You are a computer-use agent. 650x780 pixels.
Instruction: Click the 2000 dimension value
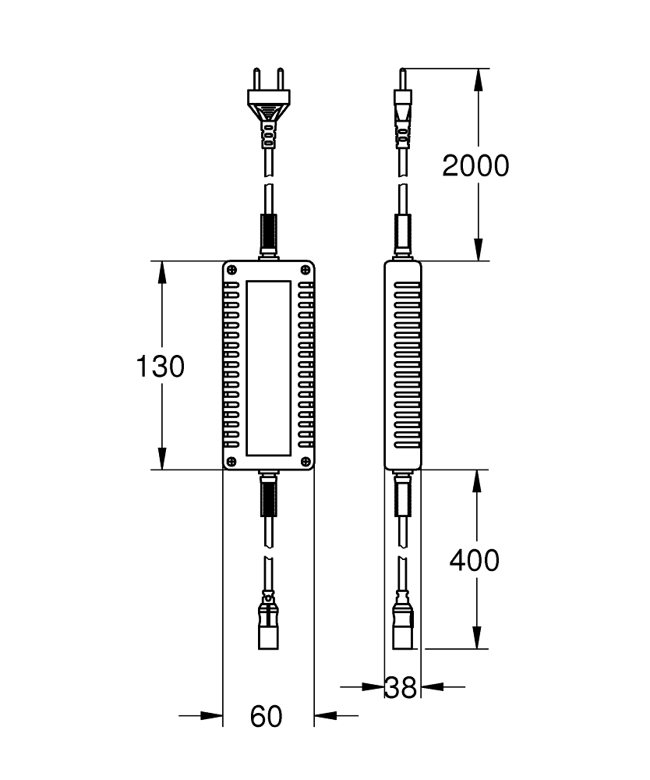click(475, 165)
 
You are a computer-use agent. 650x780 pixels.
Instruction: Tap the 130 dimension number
click(160, 366)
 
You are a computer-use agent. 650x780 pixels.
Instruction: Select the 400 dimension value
click(475, 560)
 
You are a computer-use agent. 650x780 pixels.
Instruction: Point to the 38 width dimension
click(401, 688)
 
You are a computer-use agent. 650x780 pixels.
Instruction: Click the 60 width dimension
click(267, 716)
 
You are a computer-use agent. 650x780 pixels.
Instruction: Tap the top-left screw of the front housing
click(231, 270)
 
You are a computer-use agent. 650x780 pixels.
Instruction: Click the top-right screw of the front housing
click(306, 270)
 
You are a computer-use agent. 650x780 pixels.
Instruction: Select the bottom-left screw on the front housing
click(231, 461)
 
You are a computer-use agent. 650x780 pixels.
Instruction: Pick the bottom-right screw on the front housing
click(306, 461)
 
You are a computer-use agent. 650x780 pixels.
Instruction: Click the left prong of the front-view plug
click(257, 79)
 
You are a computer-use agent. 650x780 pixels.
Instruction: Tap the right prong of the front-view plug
click(281, 79)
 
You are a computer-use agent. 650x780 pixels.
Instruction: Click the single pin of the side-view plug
click(403, 79)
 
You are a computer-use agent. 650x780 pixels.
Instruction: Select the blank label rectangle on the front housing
click(268, 368)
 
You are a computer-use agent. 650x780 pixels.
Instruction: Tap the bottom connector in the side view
click(403, 622)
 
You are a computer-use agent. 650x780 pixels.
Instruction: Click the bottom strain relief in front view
click(268, 496)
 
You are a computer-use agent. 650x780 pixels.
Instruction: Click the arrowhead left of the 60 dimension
click(212, 716)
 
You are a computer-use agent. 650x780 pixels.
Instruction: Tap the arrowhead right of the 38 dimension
click(432, 687)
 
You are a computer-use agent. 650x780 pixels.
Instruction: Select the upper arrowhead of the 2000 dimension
click(478, 80)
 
